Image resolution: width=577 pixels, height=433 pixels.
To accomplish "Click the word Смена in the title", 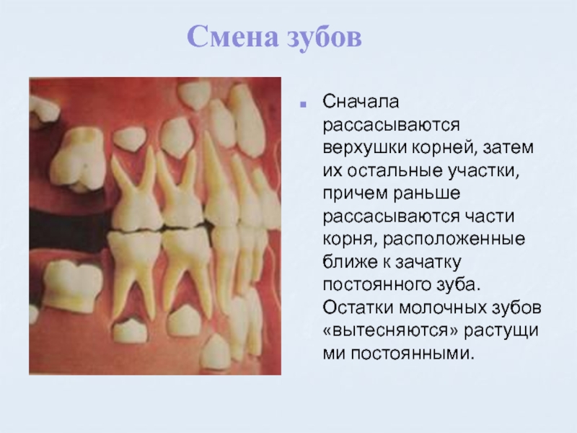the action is [232, 37].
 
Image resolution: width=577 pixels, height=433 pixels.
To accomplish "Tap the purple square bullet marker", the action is [303, 105].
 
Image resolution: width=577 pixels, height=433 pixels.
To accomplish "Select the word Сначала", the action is [361, 101].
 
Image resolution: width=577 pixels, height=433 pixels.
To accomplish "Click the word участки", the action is [483, 171].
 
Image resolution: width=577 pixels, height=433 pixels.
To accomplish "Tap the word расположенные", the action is [454, 240].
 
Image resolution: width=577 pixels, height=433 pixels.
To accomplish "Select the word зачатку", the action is [428, 263].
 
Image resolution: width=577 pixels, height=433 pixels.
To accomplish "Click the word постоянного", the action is [376, 285].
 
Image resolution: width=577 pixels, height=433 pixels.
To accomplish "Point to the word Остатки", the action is [358, 308].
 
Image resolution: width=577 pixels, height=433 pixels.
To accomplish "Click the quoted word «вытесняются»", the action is [391, 331].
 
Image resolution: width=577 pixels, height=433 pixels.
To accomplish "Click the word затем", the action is [508, 148].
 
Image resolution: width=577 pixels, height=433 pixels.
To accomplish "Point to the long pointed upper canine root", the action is [216, 173].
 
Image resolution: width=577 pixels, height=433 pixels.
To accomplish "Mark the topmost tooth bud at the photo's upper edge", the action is [194, 94].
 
